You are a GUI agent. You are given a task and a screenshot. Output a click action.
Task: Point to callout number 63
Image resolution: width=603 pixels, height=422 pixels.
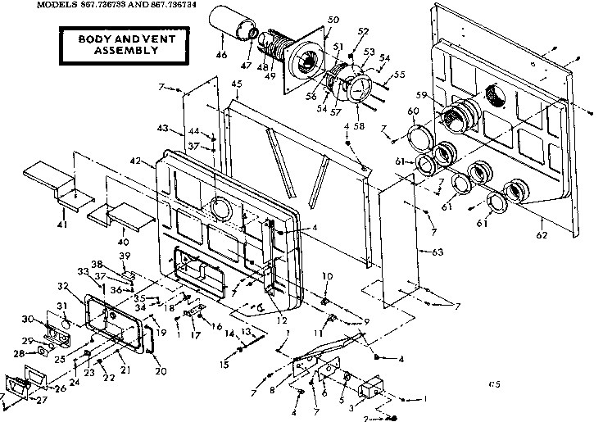tap(439, 252)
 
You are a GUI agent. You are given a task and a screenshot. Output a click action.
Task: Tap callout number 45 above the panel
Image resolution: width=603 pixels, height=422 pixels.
tap(237, 84)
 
